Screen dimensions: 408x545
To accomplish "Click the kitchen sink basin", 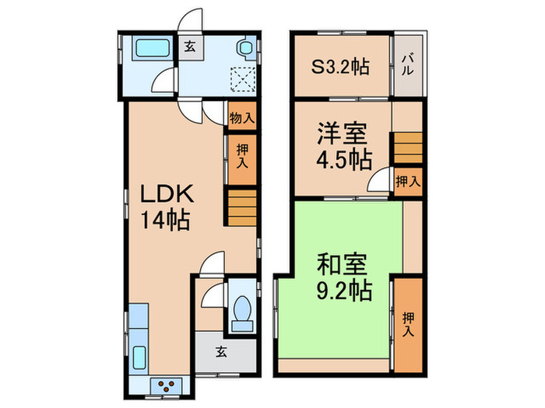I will pos(140,360).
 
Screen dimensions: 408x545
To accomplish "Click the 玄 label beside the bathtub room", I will pos(189,46).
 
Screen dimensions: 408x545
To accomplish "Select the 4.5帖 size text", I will pos(343,161).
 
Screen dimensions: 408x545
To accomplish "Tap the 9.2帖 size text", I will pos(343,292).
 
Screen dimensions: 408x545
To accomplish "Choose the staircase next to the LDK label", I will pos(241,208).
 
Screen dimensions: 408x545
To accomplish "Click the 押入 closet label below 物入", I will pos(241,158).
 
